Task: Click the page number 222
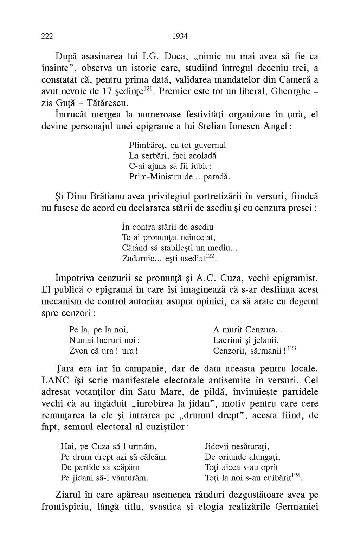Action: coord(47,36)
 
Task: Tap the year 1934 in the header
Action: coord(180,36)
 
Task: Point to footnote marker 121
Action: coord(148,89)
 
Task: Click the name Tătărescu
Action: coord(111,104)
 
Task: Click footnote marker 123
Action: coord(291,348)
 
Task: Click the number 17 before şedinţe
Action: coord(107,92)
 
